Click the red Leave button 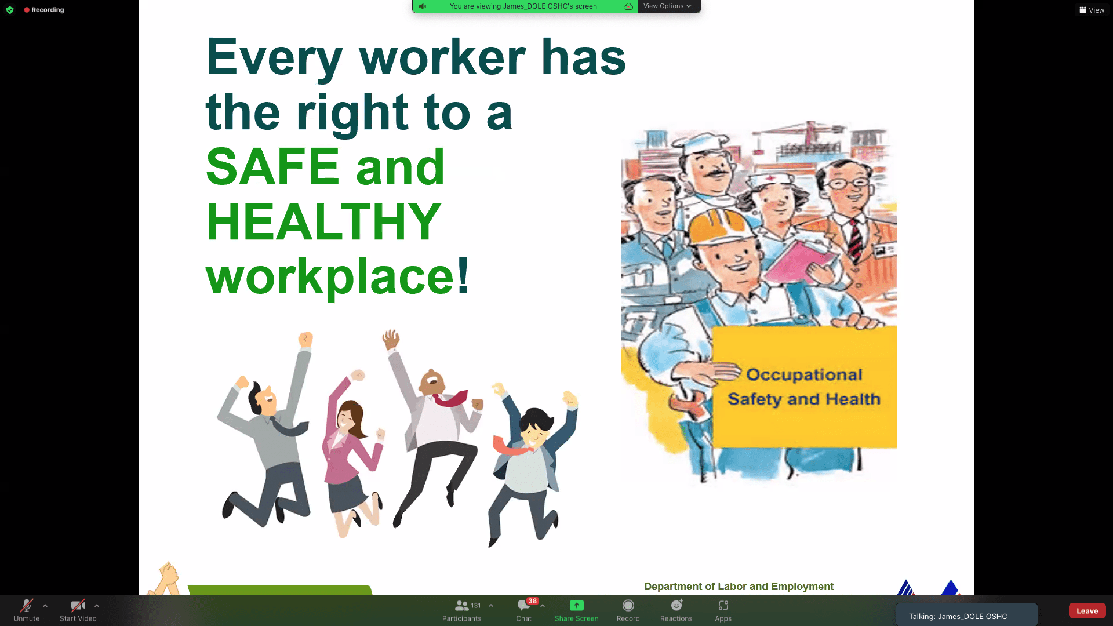1087,611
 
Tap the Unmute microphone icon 26,606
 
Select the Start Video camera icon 78,606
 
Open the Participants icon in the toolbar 461,606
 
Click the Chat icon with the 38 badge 524,606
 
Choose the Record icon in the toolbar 628,606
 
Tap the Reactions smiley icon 676,605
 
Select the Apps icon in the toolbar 723,606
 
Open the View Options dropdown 667,6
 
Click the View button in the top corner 1092,10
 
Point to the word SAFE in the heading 272,167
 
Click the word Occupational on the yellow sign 804,375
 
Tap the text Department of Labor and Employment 739,587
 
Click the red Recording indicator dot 27,10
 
